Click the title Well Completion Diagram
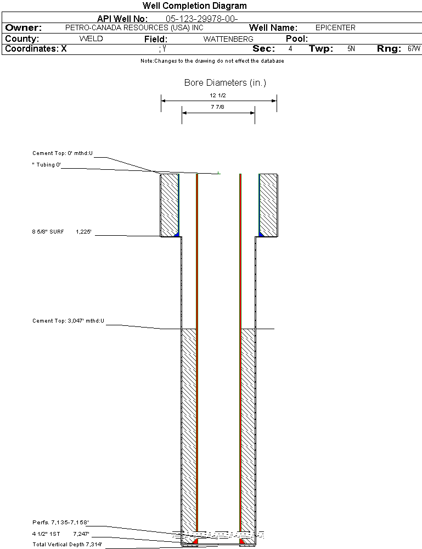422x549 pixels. pos(194,5)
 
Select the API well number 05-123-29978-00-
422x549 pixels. pos(201,19)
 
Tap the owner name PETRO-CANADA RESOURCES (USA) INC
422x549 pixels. pos(134,27)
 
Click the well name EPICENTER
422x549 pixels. pos(335,27)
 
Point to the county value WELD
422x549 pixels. pos(91,38)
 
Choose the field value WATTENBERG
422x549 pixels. pos(228,39)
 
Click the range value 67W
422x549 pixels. pos(414,49)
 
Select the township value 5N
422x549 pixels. pos(351,49)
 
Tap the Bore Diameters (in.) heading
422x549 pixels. pos(225,82)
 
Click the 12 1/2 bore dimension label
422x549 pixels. pos(217,95)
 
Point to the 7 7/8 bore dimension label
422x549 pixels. pos(217,107)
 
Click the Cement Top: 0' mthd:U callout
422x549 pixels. pos(63,153)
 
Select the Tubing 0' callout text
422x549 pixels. pos(47,164)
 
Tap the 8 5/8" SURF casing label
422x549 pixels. pos(48,231)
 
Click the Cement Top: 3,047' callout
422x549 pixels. pos(68,321)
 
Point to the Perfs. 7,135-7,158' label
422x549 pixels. pos(60,523)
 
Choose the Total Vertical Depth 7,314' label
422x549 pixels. pos(67,544)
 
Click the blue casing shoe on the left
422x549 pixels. pos(177,234)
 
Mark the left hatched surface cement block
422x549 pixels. pos(169,205)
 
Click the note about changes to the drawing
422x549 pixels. pos(212,61)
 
